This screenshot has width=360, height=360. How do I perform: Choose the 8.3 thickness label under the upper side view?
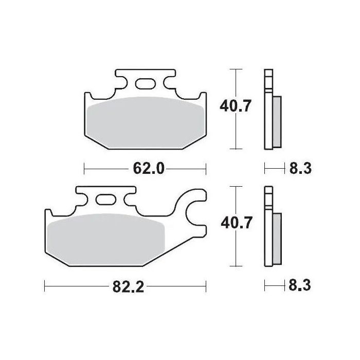click(x=300, y=168)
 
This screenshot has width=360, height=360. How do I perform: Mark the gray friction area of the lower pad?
click(x=105, y=238)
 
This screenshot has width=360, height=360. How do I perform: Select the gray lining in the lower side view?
click(x=277, y=236)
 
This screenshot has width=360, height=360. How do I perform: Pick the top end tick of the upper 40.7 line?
click(x=236, y=68)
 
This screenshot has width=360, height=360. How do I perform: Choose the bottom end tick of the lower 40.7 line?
click(x=236, y=266)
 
